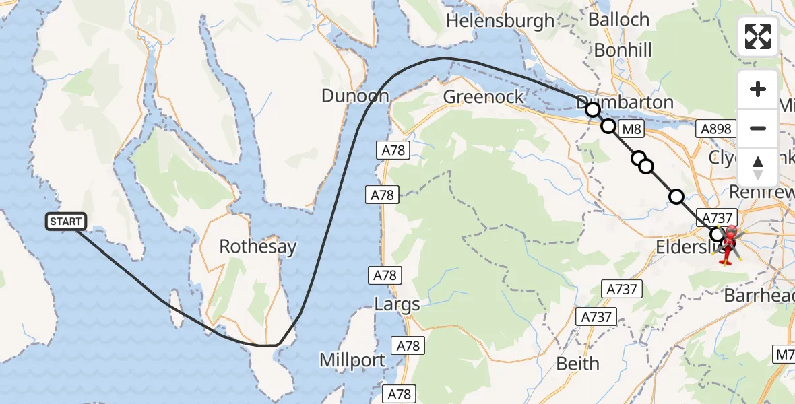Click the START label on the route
tap(66, 222)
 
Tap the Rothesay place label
tap(258, 246)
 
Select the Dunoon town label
tap(355, 96)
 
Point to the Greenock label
tap(484, 97)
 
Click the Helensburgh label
tap(500, 21)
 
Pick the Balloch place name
tap(618, 20)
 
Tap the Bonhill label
tap(623, 50)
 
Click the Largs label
tap(397, 304)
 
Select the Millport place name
tap(352, 360)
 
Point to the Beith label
tap(577, 364)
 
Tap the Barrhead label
tap(758, 295)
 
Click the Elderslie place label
tap(684, 246)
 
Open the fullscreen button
tap(758, 36)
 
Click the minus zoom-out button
tap(758, 128)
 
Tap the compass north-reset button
tap(758, 168)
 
